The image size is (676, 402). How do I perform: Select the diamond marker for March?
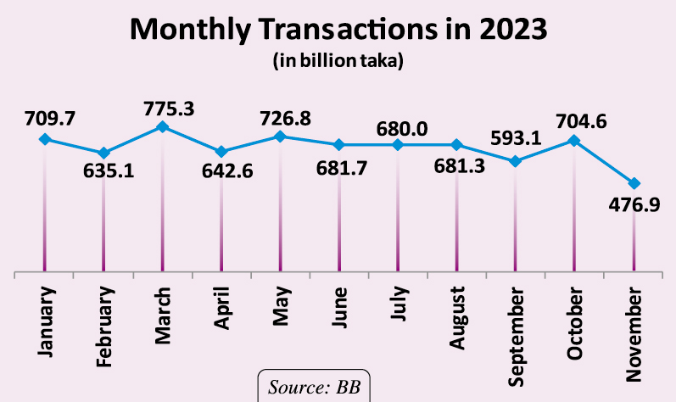point(163,127)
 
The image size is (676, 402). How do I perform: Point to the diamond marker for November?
point(633,183)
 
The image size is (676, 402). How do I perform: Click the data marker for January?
point(45,139)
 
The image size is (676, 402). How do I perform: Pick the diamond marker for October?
point(573,141)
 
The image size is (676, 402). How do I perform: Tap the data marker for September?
point(515,161)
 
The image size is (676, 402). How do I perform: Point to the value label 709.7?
point(44,116)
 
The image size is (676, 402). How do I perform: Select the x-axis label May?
point(281,310)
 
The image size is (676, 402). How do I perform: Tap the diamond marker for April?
point(221,152)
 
